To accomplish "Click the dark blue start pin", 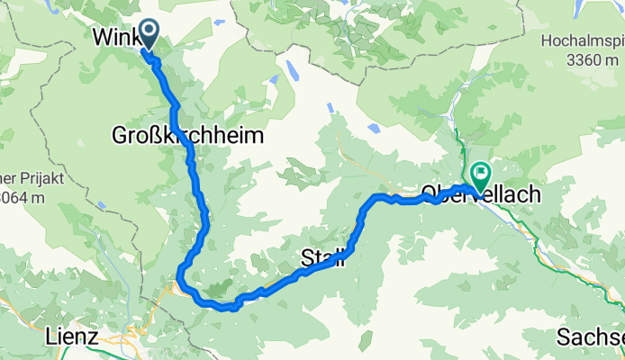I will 145,35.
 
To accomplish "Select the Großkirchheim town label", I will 187,137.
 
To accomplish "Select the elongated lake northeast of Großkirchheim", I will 291,70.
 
